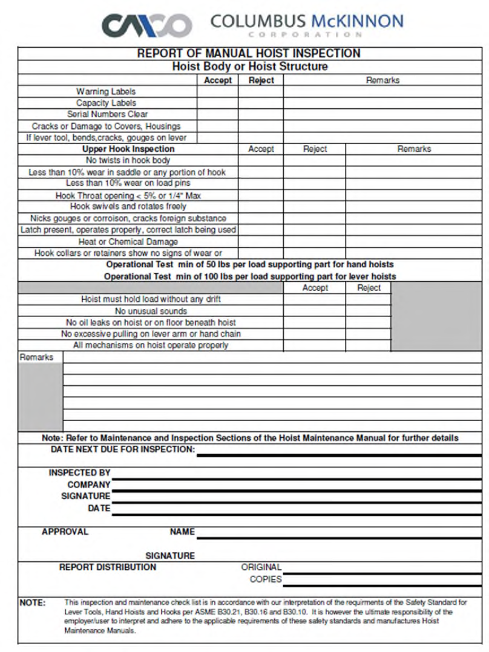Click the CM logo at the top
pyautogui.click(x=146, y=25)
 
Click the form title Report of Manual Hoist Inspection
pyautogui.click(x=249, y=53)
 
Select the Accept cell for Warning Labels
pyautogui.click(x=218, y=91)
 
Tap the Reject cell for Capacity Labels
pyautogui.click(x=261, y=103)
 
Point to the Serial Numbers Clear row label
pyautogui.click(x=107, y=114)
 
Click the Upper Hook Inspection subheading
pyautogui.click(x=128, y=149)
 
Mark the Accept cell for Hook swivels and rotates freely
pyautogui.click(x=261, y=207)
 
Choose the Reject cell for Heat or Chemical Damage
pyautogui.click(x=315, y=241)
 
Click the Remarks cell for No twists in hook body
pyautogui.click(x=415, y=160)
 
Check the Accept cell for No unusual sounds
pyautogui.click(x=315, y=311)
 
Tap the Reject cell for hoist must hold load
pyautogui.click(x=369, y=299)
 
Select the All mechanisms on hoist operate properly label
pyautogui.click(x=151, y=345)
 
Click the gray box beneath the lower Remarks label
pyautogui.click(x=41, y=397)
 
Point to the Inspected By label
pyautogui.click(x=79, y=473)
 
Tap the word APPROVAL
pyautogui.click(x=65, y=532)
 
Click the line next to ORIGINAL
pyautogui.click(x=381, y=571)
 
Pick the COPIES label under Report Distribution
pyautogui.click(x=266, y=579)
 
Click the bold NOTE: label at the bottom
pyautogui.click(x=32, y=603)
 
